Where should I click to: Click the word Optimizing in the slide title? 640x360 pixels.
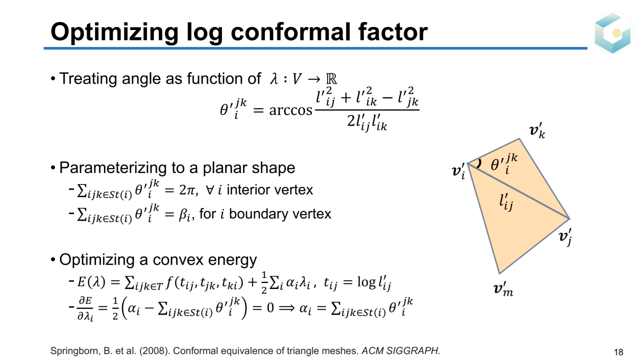tap(114, 32)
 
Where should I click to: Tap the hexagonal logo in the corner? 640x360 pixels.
tap(612, 32)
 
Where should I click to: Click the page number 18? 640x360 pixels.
tap(618, 351)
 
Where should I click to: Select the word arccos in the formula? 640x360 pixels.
tap(290, 110)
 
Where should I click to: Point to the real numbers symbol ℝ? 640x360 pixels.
tap(331, 78)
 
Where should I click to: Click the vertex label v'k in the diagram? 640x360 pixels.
tap(537, 131)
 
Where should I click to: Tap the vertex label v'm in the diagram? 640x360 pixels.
tap(503, 289)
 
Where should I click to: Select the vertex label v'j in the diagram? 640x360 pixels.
tap(565, 237)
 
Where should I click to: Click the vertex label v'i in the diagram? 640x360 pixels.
tap(458, 171)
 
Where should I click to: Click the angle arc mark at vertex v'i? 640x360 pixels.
tap(479, 163)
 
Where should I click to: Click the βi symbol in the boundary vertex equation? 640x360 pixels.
tap(184, 214)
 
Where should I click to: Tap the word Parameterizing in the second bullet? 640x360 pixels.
tap(113, 168)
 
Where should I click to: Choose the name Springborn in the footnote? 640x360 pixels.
tap(75, 351)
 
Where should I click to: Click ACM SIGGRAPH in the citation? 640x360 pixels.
tap(400, 350)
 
